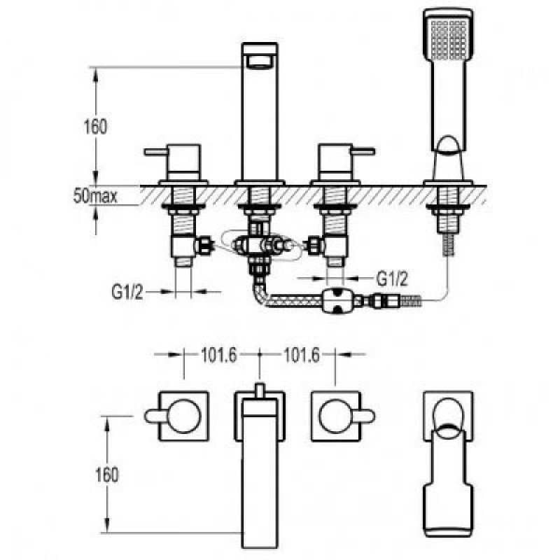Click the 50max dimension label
95,196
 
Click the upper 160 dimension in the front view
95,127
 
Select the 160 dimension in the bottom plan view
107,475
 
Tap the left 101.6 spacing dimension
219,355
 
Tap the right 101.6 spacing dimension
302,355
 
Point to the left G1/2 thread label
127,292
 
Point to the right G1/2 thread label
392,278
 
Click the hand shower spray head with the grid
449,38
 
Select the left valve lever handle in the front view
155,152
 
